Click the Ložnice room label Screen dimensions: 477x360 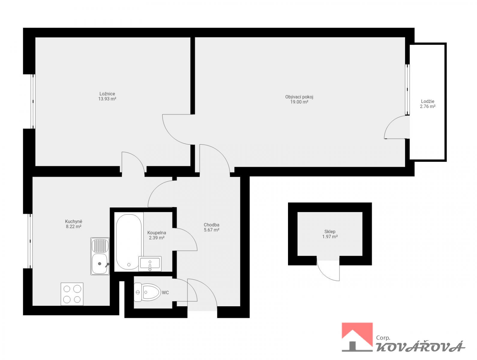click(107, 94)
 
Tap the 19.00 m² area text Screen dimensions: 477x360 click(299, 102)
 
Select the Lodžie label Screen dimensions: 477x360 click(427, 101)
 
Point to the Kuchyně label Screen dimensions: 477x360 click(73, 221)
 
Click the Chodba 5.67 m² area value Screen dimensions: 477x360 click(211, 229)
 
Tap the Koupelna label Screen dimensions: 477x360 click(157, 233)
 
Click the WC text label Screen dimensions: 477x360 click(165, 292)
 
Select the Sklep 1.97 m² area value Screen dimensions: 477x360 click(330, 237)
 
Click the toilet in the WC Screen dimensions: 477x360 click(147, 292)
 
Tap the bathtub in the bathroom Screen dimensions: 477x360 click(129, 242)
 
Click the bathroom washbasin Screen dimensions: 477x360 click(150, 264)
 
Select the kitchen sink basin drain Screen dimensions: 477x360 click(100, 263)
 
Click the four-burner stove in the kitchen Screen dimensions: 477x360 click(72, 294)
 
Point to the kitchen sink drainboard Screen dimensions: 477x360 click(100, 246)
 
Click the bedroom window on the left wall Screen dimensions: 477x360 click(33, 101)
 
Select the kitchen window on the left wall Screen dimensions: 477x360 click(30, 241)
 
